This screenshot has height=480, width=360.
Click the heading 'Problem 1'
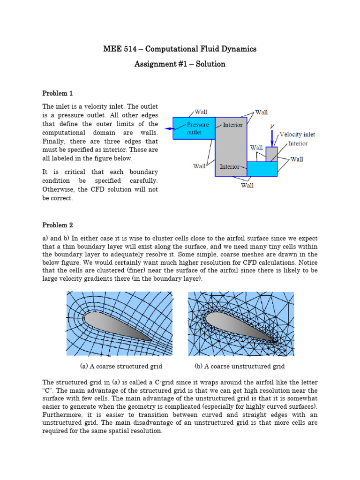[58, 93]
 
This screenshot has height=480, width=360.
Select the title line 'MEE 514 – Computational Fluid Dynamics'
[180, 49]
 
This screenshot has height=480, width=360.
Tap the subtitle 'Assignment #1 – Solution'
[180, 64]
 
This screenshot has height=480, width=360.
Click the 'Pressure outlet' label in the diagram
[194, 128]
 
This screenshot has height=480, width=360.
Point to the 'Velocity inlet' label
[297, 135]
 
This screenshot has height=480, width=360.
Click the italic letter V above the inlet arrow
[272, 127]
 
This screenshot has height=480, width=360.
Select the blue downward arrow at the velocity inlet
[272, 139]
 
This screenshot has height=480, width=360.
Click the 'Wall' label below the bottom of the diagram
[247, 186]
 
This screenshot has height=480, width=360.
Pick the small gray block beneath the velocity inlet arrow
[271, 154]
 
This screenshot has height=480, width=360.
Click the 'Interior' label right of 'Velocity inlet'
[298, 143]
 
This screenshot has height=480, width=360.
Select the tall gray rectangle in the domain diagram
[231, 150]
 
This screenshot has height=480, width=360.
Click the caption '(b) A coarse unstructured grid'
[240, 366]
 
